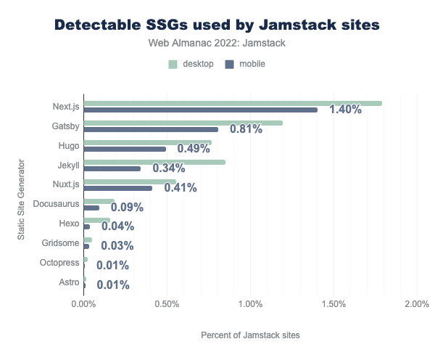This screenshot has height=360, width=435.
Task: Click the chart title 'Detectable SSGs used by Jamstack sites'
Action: click(x=217, y=25)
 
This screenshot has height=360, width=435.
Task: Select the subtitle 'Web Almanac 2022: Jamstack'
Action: click(x=217, y=44)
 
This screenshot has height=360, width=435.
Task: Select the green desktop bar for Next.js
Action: click(x=233, y=103)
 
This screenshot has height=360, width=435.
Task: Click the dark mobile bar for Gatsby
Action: click(x=151, y=129)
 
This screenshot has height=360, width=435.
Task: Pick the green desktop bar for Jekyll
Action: click(x=154, y=162)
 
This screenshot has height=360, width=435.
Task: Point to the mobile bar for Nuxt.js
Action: click(x=118, y=188)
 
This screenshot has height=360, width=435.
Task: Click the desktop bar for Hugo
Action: click(x=148, y=142)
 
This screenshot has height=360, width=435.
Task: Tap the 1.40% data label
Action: click(x=345, y=110)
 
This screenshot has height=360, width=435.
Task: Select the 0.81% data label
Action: click(x=245, y=129)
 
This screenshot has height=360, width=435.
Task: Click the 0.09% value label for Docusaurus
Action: click(x=127, y=207)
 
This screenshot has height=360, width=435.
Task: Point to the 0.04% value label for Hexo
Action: click(x=117, y=226)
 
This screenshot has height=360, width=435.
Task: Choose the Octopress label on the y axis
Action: click(x=60, y=262)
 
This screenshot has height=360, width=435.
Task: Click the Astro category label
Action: click(x=69, y=282)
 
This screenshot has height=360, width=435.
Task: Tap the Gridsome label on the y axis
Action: click(x=62, y=242)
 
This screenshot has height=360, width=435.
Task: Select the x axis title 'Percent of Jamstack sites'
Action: click(x=250, y=335)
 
